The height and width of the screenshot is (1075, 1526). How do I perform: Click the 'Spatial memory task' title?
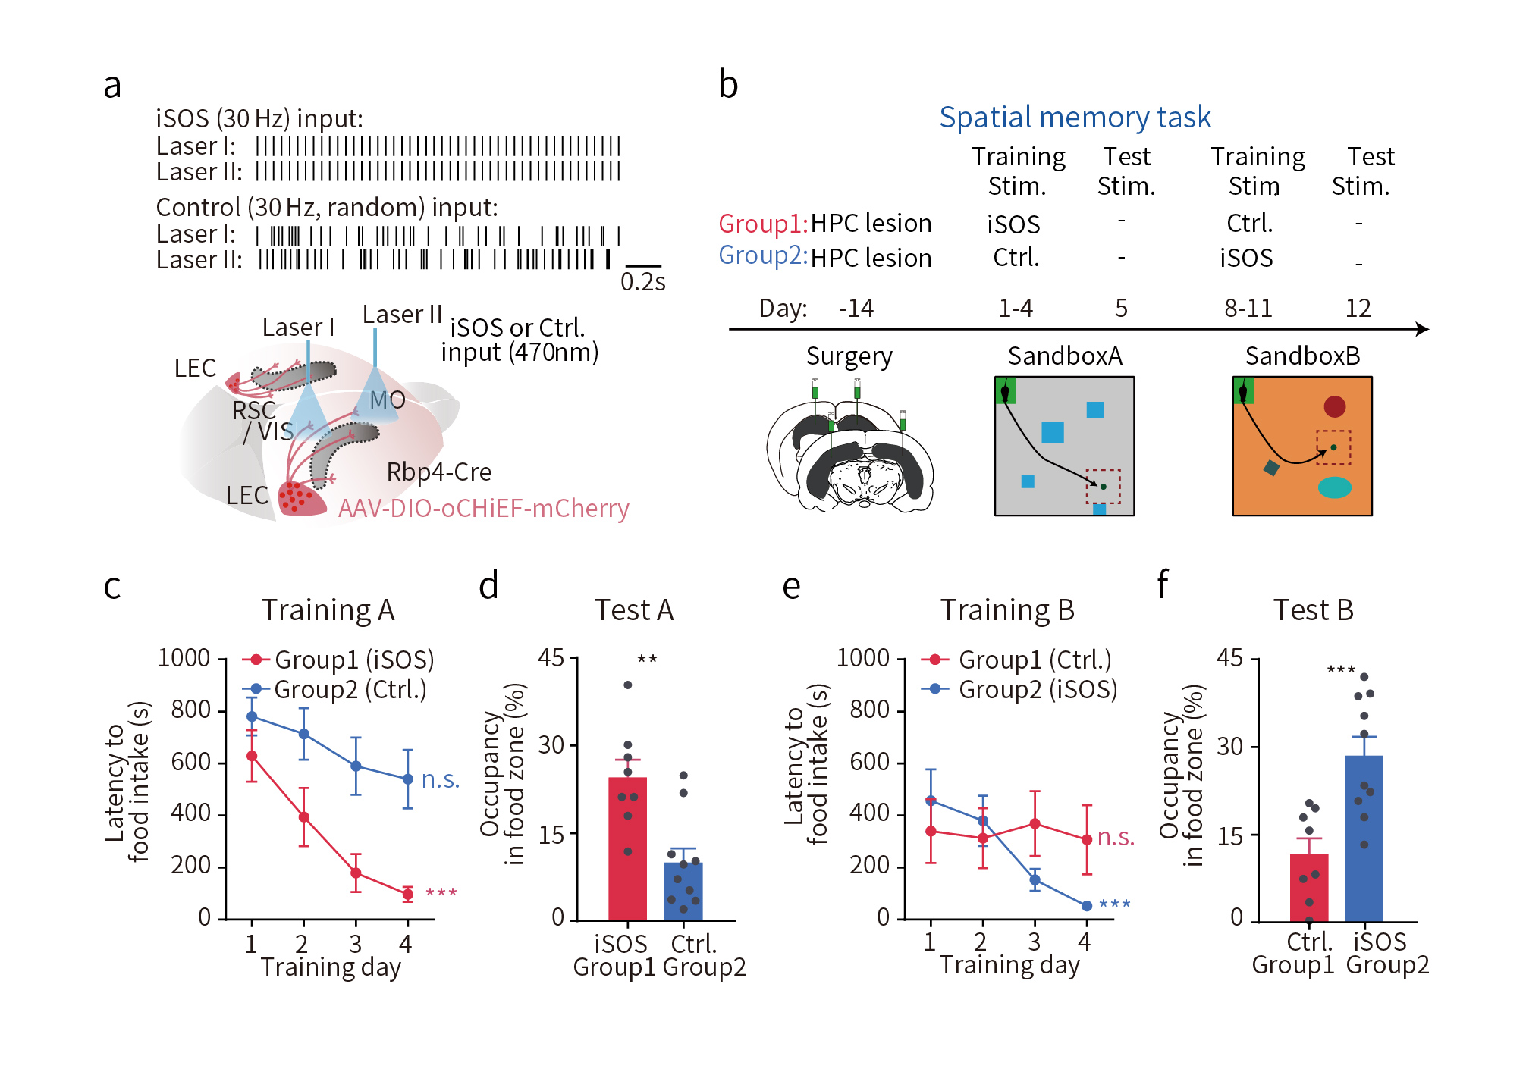[x=1075, y=118]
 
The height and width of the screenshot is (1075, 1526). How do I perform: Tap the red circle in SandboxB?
[x=1334, y=406]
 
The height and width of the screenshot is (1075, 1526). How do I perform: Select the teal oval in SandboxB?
[x=1334, y=487]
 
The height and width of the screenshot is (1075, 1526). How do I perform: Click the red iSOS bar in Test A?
[x=627, y=849]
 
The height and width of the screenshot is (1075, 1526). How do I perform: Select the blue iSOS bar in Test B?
[x=1364, y=838]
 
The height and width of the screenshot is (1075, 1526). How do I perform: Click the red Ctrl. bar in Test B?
[x=1308, y=888]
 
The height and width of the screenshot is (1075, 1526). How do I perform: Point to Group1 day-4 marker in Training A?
[x=408, y=894]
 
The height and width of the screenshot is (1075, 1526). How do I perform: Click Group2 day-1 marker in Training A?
[x=252, y=716]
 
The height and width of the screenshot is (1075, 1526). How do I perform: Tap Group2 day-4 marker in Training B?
[x=1086, y=906]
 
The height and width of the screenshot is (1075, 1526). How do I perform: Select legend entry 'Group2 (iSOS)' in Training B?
[x=1020, y=689]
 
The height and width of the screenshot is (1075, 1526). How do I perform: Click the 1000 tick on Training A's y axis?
[x=184, y=658]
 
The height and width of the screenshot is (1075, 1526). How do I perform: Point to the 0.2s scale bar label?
[x=642, y=282]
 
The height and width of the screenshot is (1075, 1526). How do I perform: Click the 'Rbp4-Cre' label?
[x=438, y=472]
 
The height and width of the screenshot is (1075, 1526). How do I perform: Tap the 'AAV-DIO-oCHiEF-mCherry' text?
[x=483, y=508]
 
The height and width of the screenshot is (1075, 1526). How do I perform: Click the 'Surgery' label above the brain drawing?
[x=849, y=356]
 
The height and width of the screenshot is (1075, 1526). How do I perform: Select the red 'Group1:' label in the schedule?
[x=763, y=224]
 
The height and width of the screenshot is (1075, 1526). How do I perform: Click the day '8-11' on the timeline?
[x=1248, y=309]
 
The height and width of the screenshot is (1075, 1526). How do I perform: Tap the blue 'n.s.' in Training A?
[x=441, y=779]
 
